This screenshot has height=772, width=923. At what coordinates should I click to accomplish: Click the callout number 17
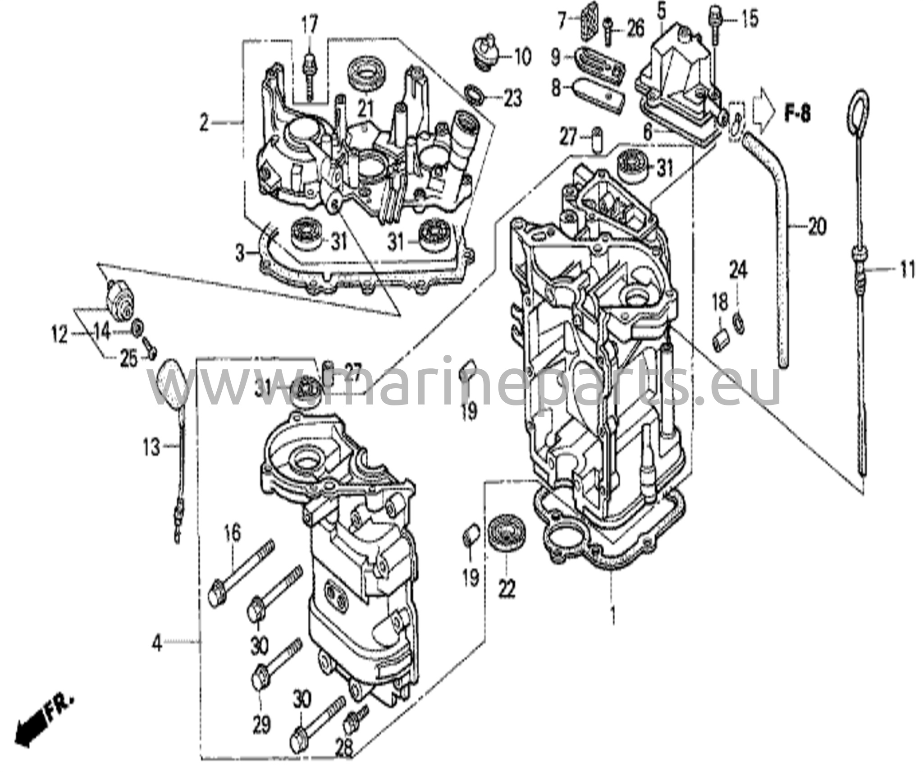(310, 23)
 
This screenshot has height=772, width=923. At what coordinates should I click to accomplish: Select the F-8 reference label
(797, 114)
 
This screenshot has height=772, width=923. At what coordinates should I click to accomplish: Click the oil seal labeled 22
(505, 538)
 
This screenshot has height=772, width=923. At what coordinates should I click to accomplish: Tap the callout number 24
(738, 271)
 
